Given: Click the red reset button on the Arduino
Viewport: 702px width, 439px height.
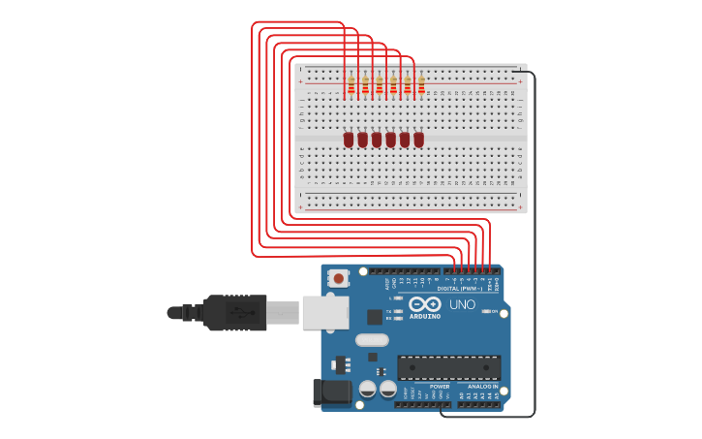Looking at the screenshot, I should [338, 278].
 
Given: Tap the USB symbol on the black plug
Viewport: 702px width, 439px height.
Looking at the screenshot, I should [237, 312].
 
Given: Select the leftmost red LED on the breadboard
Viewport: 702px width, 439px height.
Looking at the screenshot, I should [349, 140].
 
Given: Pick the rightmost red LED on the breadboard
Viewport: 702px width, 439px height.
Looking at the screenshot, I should [418, 140].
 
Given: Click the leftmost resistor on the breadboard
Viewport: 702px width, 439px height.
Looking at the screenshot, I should [351, 85].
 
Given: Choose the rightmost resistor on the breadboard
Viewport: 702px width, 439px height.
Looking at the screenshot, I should [421, 85].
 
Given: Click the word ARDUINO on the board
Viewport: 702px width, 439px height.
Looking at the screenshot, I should [425, 316].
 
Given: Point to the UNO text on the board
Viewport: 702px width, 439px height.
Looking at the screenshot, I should [462, 304].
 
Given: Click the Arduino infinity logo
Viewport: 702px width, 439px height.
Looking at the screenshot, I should [425, 303].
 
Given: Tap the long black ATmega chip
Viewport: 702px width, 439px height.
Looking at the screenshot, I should [448, 368].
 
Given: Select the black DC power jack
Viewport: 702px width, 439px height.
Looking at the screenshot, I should [330, 392].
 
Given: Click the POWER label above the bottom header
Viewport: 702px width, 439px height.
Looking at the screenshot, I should [440, 386].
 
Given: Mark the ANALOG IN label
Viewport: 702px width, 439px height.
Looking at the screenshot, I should [481, 386].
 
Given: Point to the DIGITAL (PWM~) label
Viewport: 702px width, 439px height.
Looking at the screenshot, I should [459, 288].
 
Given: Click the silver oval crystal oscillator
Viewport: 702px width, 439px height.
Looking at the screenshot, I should [372, 340].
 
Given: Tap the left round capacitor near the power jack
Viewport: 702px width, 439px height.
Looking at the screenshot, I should [368, 389].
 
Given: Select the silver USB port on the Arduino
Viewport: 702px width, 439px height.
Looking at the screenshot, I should [325, 312].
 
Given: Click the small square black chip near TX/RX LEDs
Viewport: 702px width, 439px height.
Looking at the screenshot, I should [375, 317].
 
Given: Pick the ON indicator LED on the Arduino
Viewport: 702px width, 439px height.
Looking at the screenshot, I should [486, 311].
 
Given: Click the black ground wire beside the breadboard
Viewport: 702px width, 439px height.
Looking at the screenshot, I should [534, 242].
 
